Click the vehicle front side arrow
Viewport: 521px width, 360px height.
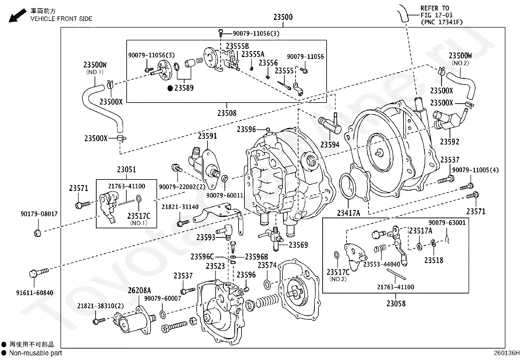17,15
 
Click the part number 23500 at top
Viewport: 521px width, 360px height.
283,17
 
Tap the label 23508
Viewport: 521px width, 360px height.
227,113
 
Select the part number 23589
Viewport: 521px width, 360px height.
184,88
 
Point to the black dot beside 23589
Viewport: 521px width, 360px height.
170,88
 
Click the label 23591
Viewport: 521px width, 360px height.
207,136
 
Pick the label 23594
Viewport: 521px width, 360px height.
330,144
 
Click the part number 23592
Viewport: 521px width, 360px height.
450,142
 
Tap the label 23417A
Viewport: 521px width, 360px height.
349,213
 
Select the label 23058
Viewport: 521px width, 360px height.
396,304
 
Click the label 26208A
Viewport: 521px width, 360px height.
139,290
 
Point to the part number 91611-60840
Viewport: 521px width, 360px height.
35,293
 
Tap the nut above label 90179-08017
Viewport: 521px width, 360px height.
37,233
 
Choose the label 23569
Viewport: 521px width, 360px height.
298,245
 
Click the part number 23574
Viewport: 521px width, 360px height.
267,265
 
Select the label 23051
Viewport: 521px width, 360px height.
127,170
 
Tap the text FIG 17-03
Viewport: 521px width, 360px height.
437,15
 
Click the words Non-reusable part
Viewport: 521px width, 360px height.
36,353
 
